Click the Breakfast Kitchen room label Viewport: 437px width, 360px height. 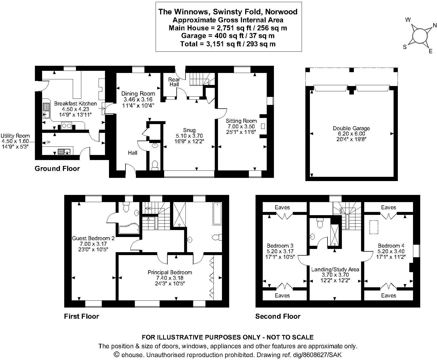(75, 104)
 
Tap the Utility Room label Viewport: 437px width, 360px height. (15, 136)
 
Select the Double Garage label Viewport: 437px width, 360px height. (351, 128)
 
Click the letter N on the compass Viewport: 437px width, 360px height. (435, 26)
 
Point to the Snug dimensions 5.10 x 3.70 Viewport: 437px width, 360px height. (189, 136)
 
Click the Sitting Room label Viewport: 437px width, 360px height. (241, 121)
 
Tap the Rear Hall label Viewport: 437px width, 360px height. (174, 82)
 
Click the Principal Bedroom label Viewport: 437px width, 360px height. (170, 272)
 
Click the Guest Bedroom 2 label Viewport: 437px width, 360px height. (93, 238)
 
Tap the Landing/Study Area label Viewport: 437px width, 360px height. (335, 269)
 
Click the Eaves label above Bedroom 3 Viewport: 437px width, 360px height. (282, 207)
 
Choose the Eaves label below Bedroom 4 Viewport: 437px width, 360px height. (389, 296)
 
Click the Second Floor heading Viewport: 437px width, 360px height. (278, 316)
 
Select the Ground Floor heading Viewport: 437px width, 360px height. (57, 169)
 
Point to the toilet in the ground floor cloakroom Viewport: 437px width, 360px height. (155, 165)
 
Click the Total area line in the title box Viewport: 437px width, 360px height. (228, 44)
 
